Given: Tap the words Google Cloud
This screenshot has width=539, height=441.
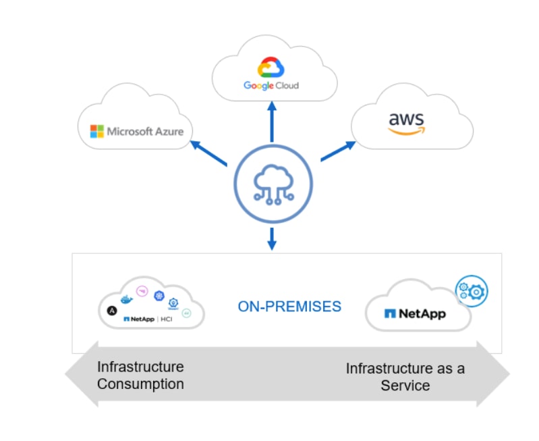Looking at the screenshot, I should pos(271,86).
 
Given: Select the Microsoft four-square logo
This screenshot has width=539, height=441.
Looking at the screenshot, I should pos(97,131).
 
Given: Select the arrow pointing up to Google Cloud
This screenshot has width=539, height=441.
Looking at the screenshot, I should pos(272,122).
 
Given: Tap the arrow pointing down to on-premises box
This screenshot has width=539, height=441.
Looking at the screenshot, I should pos(272,238).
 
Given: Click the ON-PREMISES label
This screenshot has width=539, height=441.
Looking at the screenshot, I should pos(289,307).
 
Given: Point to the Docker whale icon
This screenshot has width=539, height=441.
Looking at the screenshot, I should pos(126,299).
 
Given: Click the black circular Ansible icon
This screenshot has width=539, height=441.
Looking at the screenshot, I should pos(111,311).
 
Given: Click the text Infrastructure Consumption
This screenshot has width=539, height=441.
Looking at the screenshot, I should pos(140,375).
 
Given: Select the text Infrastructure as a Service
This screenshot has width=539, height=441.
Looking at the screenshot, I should pos(405,377).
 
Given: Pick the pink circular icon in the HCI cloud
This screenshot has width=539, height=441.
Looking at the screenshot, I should pos(142,291).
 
